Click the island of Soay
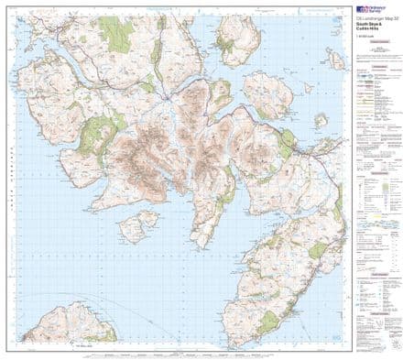point(137,224)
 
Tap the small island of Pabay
point(321,120)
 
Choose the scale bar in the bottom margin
point(183,352)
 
